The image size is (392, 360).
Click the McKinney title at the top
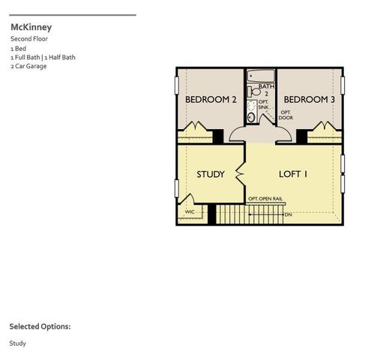coord(31,27)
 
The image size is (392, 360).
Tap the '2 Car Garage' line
coord(28,66)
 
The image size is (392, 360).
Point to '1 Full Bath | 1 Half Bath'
coord(43,57)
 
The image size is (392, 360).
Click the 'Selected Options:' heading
coord(40,327)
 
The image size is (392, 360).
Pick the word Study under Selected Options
coord(17,343)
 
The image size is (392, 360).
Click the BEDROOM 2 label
coord(210,100)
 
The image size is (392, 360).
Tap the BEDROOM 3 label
coord(309,100)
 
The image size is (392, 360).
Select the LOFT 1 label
coord(294,174)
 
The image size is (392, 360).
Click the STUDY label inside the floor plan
coord(211,175)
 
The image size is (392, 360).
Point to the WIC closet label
coord(190,212)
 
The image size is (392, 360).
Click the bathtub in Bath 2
coord(260,76)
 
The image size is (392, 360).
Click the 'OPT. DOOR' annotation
coord(286,115)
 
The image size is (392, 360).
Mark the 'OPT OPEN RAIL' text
coord(265,199)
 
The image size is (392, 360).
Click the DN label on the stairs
coord(288,214)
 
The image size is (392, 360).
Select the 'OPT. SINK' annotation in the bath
coord(263,104)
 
